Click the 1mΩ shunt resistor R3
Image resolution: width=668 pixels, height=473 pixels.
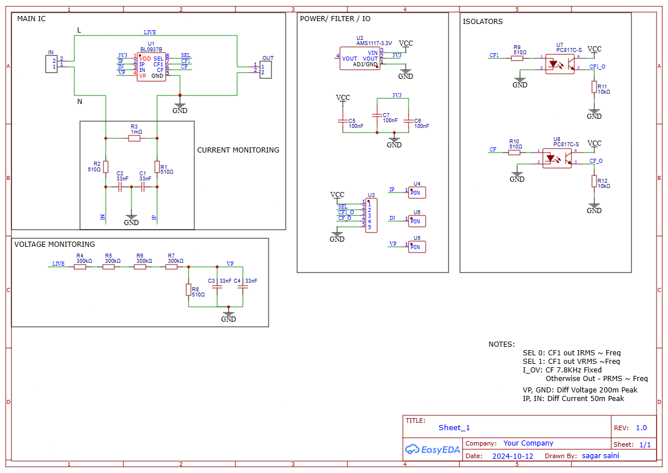pyautogui.click(x=134, y=138)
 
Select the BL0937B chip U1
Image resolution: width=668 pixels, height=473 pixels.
pyautogui.click(x=151, y=67)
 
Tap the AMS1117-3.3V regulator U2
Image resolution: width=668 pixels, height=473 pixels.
pyautogui.click(x=359, y=59)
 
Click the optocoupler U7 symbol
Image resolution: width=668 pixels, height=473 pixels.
pyautogui.click(x=559, y=63)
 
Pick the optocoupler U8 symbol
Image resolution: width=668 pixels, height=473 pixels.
pyautogui.click(x=557, y=157)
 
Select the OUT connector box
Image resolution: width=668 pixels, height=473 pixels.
pyautogui.click(x=266, y=70)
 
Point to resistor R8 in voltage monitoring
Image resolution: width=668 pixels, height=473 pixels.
pyautogui.click(x=189, y=290)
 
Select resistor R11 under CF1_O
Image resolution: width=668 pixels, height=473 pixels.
pyautogui.click(x=594, y=87)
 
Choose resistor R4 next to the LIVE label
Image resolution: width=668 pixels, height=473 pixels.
pyautogui.click(x=80, y=267)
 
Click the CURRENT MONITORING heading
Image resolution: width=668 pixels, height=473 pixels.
pyautogui.click(x=238, y=150)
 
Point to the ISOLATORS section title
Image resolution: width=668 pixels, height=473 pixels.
pyautogui.click(x=482, y=22)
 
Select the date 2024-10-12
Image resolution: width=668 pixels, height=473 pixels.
pyautogui.click(x=513, y=456)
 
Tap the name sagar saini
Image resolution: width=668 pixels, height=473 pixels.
pyautogui.click(x=600, y=456)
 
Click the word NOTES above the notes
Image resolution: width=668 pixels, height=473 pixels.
pyautogui.click(x=501, y=344)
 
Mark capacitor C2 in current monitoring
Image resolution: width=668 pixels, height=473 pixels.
pyautogui.click(x=120, y=186)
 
